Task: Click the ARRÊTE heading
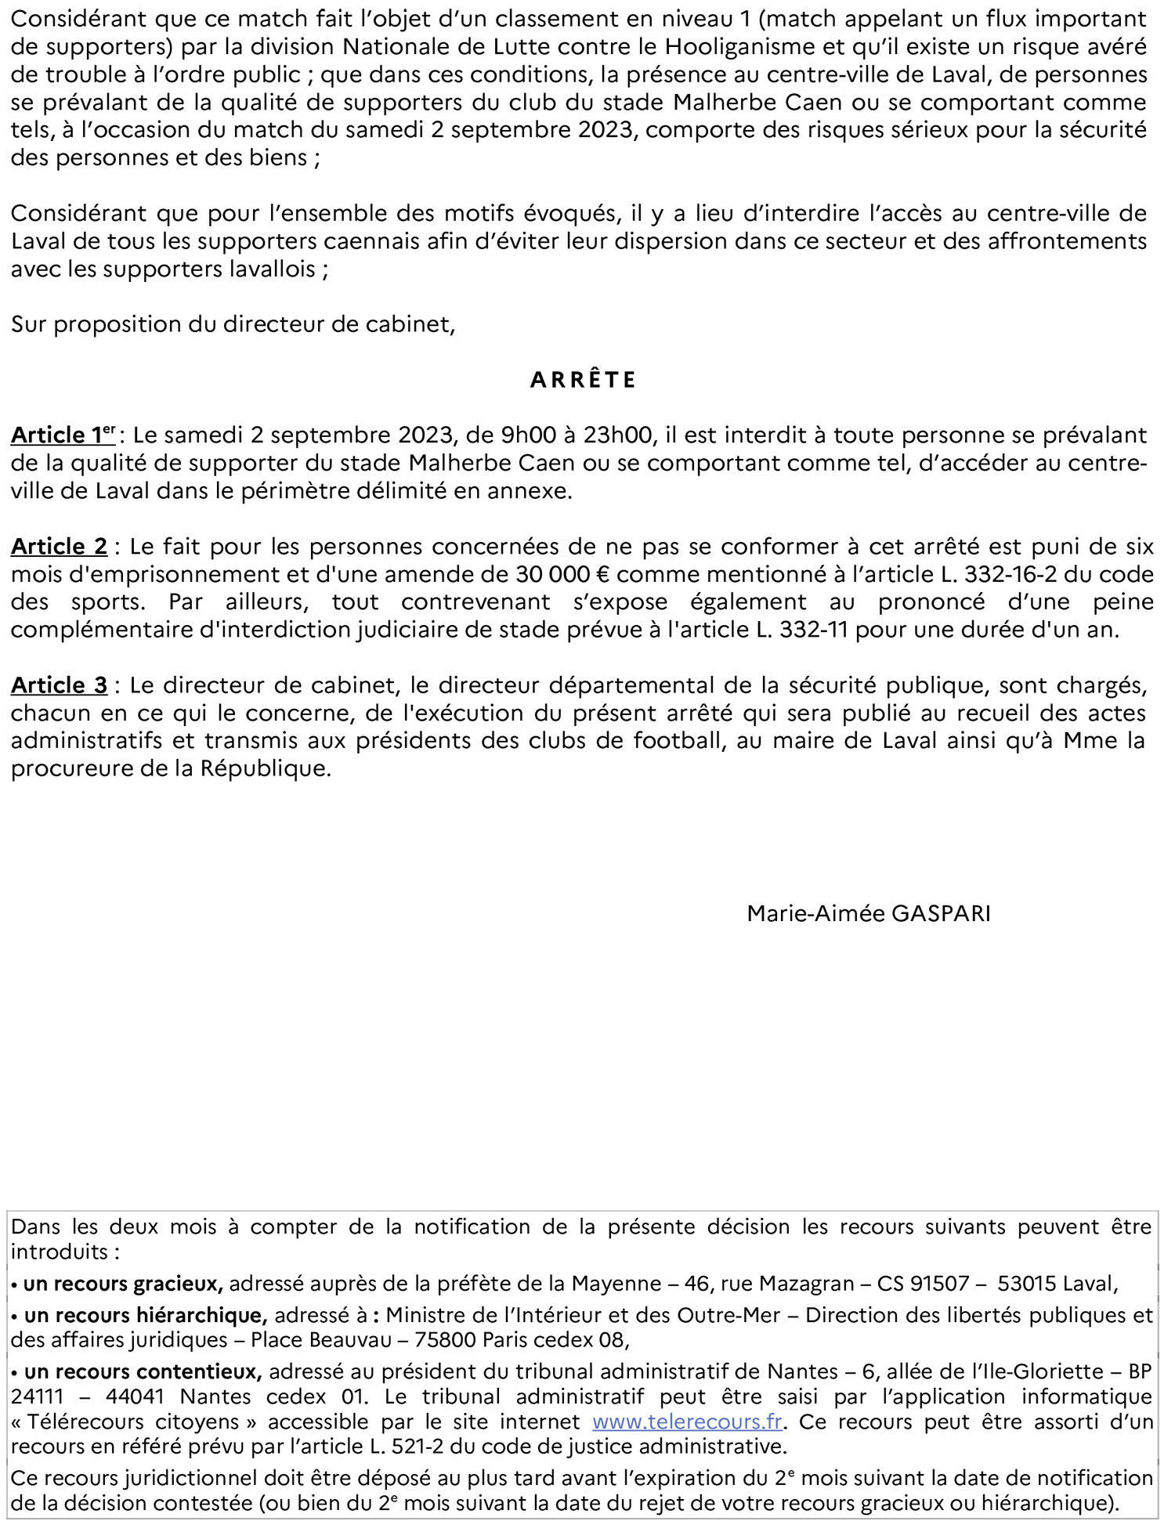(x=583, y=380)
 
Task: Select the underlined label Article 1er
(x=63, y=435)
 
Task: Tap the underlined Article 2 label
(x=59, y=546)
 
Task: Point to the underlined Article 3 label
(x=59, y=685)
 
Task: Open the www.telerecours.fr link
(x=687, y=1422)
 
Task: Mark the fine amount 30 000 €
(x=562, y=574)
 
